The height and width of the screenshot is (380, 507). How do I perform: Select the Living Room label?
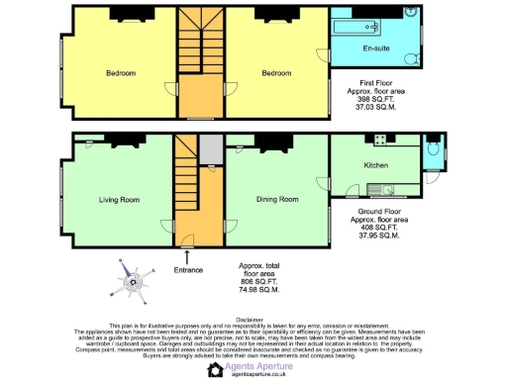120,200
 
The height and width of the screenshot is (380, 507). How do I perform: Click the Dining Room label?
277,200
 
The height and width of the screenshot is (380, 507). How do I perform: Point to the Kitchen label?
376,165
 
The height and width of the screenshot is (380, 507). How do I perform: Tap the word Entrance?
188,270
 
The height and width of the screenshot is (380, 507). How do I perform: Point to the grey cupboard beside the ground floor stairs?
210,149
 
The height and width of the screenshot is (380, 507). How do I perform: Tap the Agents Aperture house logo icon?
214,370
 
